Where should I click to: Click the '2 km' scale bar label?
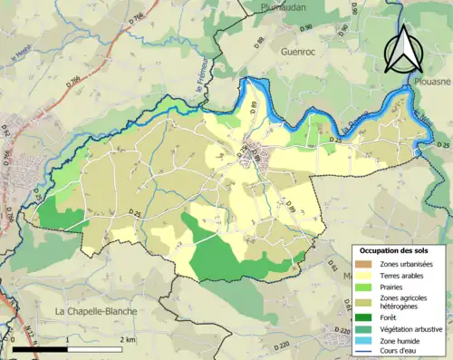[127, 339]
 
